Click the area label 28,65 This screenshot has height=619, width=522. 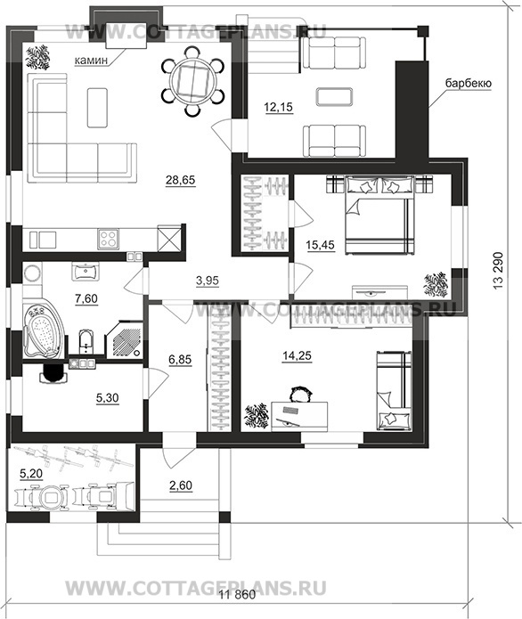(x=181, y=180)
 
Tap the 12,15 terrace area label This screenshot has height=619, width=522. (x=279, y=107)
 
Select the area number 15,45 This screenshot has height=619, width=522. (x=320, y=245)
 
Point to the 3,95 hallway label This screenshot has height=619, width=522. (x=208, y=281)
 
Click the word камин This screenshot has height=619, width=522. (x=91, y=61)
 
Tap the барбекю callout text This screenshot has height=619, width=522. (x=469, y=84)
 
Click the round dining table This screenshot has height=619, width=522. (x=192, y=81)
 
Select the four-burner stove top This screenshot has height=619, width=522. (x=108, y=240)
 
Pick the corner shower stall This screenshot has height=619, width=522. (x=125, y=339)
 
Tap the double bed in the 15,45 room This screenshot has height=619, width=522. (x=379, y=216)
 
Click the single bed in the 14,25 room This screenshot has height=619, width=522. (x=394, y=390)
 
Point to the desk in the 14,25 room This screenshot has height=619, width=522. (x=299, y=416)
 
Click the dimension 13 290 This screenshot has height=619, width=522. (x=498, y=271)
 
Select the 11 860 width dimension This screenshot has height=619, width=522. (x=237, y=595)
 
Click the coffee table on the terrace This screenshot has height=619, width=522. (x=334, y=96)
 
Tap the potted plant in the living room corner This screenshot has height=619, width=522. (x=38, y=58)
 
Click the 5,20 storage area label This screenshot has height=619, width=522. (x=31, y=473)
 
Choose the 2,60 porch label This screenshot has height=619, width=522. (x=181, y=485)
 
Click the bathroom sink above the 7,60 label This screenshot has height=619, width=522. (x=86, y=272)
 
